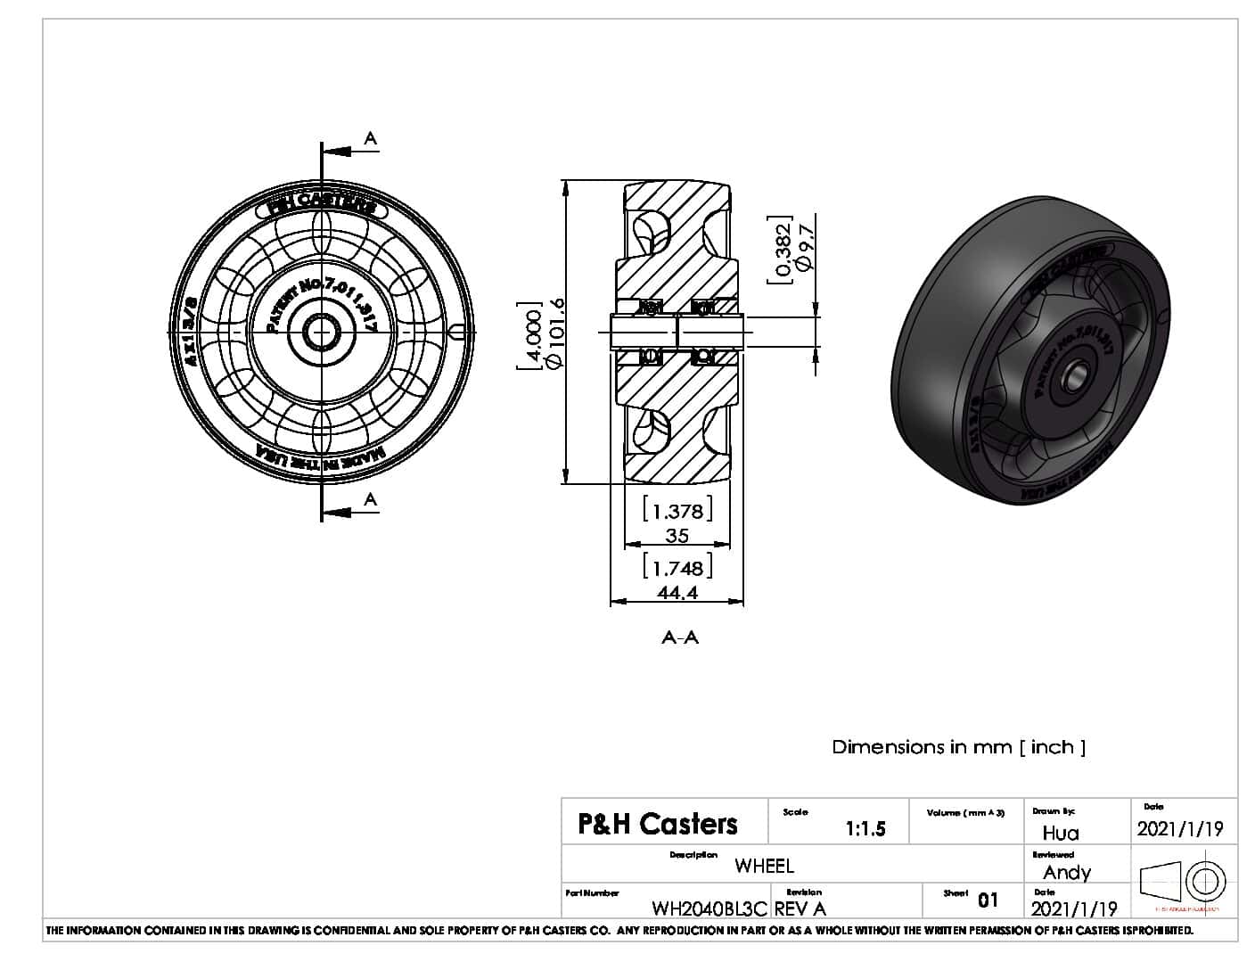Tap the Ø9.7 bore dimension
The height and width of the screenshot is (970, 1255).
click(x=805, y=247)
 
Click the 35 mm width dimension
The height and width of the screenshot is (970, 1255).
click(x=677, y=536)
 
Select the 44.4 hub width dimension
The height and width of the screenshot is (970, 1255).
click(x=677, y=593)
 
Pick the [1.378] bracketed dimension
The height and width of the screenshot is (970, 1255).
click(x=677, y=511)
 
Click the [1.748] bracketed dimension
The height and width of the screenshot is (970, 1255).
click(x=677, y=568)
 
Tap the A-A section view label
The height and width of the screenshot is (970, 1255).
click(x=680, y=637)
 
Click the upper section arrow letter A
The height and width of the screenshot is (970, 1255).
click(x=371, y=138)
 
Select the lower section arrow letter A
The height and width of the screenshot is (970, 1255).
click(x=371, y=500)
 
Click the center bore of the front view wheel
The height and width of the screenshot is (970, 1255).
click(x=321, y=333)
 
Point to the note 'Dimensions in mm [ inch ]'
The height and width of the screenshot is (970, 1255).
click(x=958, y=747)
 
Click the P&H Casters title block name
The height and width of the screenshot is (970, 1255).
click(x=658, y=824)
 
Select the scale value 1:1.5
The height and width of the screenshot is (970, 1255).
click(x=865, y=829)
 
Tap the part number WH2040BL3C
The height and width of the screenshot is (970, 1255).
click(x=709, y=908)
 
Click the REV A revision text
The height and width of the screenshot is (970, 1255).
click(x=800, y=908)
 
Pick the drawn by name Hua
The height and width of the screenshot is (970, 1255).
click(x=1060, y=833)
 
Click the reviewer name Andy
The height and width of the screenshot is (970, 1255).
click(x=1066, y=872)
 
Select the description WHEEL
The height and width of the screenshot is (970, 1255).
click(x=764, y=866)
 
